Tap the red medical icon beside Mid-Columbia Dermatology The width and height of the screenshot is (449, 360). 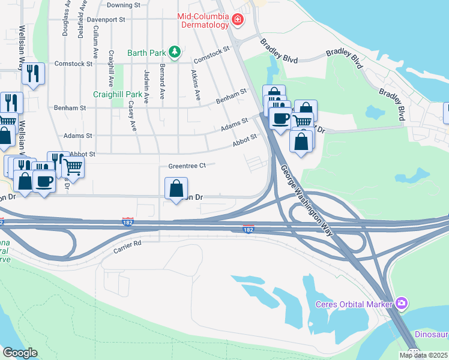pyautogui.click(x=238, y=20)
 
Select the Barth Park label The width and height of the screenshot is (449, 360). pyautogui.click(x=147, y=52)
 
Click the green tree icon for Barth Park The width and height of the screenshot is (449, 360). pyautogui.click(x=175, y=52)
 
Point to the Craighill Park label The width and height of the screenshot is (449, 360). pyautogui.click(x=118, y=95)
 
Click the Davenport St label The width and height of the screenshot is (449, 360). pyautogui.click(x=105, y=19)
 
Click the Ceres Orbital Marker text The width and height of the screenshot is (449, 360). pyautogui.click(x=354, y=304)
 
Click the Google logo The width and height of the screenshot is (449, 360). pyautogui.click(x=20, y=353)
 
